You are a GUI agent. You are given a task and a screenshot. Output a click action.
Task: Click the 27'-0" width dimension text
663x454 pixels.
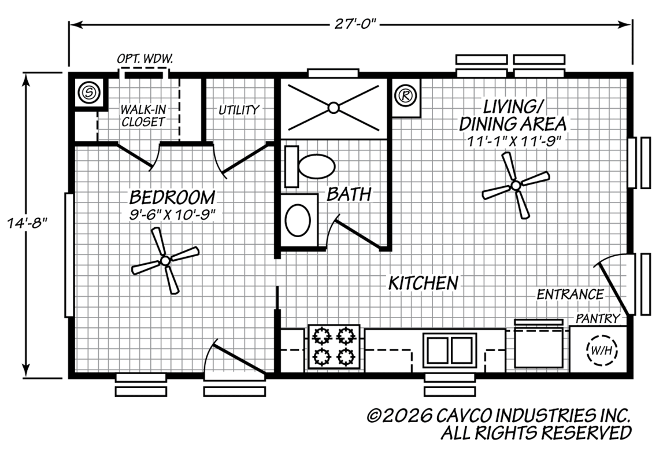click(355, 24)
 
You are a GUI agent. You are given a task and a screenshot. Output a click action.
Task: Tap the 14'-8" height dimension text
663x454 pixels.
click(26, 223)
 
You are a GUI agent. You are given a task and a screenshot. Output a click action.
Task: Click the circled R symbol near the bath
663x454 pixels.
click(406, 95)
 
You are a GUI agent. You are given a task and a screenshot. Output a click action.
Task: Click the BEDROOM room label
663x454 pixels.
click(172, 197)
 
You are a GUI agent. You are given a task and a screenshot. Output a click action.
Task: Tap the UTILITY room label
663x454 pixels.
click(239, 110)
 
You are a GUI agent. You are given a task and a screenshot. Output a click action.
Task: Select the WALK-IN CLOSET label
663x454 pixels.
click(143, 116)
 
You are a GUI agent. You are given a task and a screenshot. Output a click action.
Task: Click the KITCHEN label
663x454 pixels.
click(423, 283)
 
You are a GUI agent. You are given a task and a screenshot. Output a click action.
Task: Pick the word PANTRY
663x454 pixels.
click(598, 318)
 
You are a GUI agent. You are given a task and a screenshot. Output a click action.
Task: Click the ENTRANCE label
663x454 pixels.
click(570, 294)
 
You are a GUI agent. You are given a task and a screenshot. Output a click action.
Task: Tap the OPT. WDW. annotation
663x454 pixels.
click(145, 59)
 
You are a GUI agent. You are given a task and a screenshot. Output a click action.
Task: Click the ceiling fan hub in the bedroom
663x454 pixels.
click(165, 261)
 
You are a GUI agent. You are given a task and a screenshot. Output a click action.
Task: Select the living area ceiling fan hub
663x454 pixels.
click(516, 185)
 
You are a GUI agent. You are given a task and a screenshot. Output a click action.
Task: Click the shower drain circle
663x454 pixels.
click(334, 108)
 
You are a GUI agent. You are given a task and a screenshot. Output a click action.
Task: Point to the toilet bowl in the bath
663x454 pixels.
click(317, 167)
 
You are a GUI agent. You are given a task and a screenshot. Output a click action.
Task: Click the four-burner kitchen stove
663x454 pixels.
click(334, 346)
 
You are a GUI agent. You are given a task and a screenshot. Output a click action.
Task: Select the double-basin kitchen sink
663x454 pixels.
click(450, 350)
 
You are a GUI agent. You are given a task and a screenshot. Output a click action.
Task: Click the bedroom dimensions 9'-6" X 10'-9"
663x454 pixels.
click(172, 215)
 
